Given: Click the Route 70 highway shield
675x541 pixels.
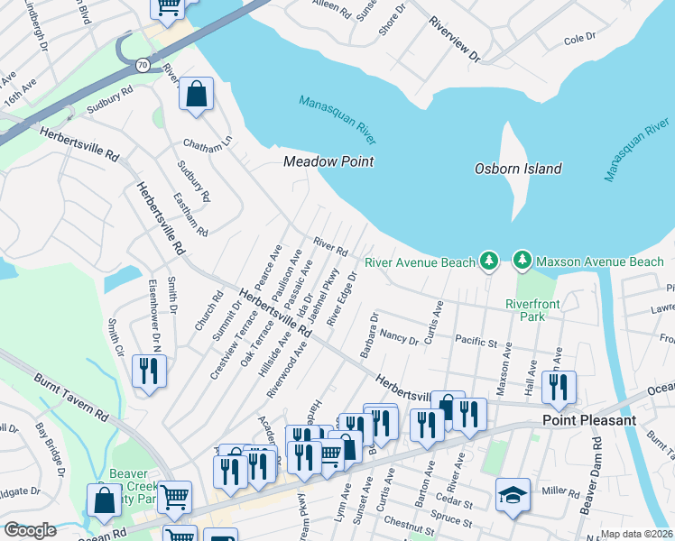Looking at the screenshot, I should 143,65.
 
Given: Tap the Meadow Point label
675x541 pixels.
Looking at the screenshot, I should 328,162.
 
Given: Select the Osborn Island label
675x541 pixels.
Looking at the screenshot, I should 518,169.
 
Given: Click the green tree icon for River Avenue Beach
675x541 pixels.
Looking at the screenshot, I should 488,261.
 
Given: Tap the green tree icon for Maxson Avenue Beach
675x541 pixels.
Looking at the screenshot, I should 522,261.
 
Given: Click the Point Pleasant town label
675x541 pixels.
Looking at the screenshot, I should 590,421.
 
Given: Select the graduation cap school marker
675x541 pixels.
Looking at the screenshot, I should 513,495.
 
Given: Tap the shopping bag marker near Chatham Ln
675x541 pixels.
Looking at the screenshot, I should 196,95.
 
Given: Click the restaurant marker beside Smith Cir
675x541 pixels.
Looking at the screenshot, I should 149,371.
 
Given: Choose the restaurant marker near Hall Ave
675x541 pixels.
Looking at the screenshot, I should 559,386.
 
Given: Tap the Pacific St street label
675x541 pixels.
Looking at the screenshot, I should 476,343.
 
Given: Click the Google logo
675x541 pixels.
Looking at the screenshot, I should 30,530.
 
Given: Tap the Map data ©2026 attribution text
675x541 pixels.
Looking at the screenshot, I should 636,534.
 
